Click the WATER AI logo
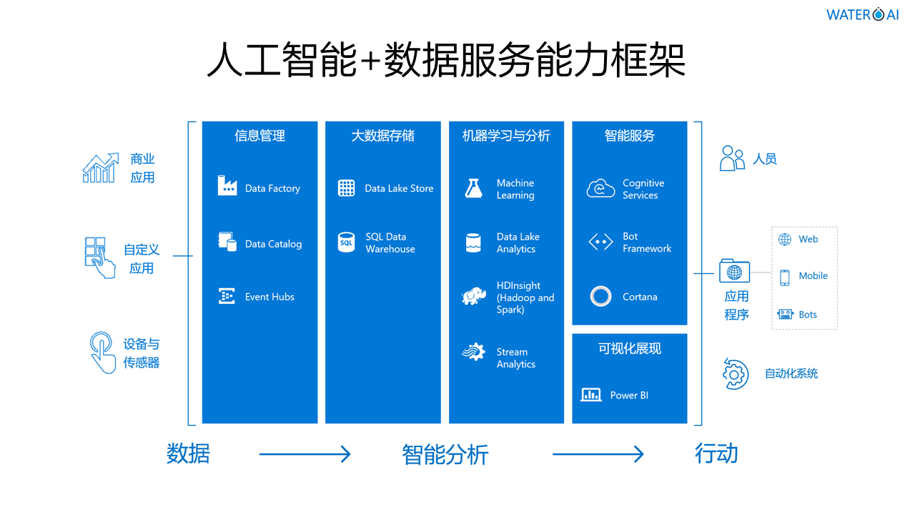(862, 14)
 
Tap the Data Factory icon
(227, 186)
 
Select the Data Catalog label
(273, 244)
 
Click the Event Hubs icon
(227, 296)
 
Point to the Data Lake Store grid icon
(346, 188)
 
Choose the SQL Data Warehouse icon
(346, 242)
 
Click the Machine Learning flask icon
(473, 188)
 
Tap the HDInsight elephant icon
(473, 296)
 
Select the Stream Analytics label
(516, 358)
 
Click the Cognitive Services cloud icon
(600, 189)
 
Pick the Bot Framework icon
(600, 242)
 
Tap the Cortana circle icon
(600, 296)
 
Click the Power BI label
(629, 395)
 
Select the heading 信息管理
(259, 136)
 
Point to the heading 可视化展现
(629, 349)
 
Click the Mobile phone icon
(784, 277)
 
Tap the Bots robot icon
(785, 315)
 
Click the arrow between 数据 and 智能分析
(305, 454)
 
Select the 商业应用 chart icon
(100, 168)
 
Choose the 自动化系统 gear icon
(734, 373)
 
